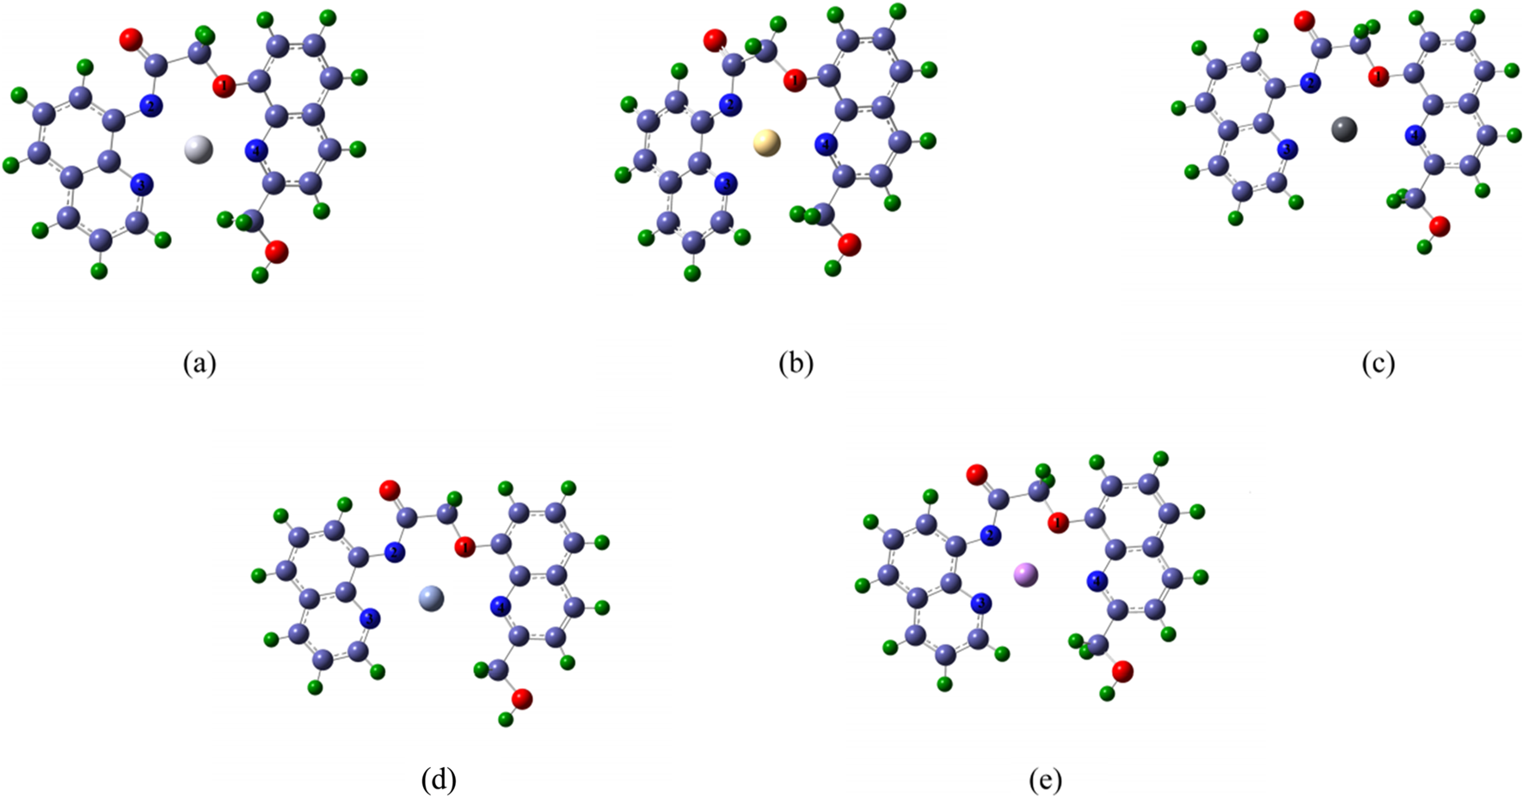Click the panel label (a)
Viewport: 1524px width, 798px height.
[200, 364]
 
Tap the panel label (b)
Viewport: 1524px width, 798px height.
[796, 364]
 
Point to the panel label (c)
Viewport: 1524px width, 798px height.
[1378, 364]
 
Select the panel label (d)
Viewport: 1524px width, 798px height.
[439, 780]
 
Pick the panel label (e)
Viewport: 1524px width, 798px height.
[1045, 780]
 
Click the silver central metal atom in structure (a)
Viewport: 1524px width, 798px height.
[199, 149]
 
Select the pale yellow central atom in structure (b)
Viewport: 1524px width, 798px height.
[766, 143]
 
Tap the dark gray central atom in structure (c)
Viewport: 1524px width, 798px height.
[1343, 130]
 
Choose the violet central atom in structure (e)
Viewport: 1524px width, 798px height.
[1026, 574]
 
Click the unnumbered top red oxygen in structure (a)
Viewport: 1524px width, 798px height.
[131, 39]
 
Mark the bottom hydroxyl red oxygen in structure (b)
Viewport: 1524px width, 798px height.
[849, 245]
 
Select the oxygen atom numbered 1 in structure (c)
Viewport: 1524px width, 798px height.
[1379, 77]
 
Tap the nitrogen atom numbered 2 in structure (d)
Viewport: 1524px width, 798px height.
[395, 553]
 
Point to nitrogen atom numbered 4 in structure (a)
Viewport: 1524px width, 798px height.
[256, 151]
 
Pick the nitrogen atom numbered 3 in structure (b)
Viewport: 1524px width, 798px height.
[727, 183]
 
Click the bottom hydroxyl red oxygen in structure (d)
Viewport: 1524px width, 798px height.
[522, 699]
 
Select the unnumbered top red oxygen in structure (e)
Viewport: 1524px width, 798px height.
[976, 475]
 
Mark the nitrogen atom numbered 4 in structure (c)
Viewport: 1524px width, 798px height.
[1415, 134]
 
